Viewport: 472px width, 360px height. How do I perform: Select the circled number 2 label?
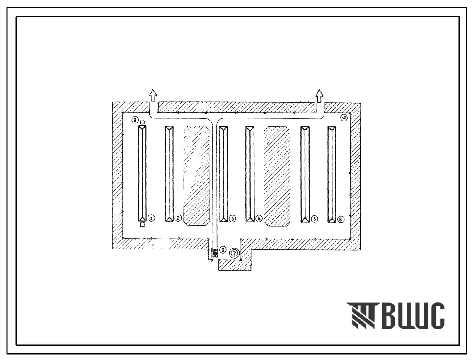point(178,217)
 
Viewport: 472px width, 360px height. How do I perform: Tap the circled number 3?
point(232,219)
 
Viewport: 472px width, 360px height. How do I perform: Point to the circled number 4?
point(259,219)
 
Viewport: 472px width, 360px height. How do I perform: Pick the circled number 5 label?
point(314,219)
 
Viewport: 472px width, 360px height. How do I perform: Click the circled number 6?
point(341,220)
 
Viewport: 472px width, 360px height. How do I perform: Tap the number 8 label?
point(223,249)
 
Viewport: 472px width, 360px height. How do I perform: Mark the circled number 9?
point(135,120)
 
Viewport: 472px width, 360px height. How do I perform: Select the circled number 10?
point(344,118)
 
